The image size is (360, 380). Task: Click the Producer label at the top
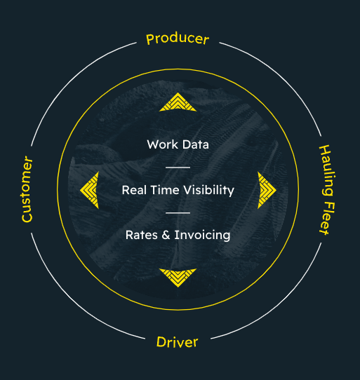pyautogui.click(x=178, y=38)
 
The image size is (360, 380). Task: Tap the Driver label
pyautogui.click(x=177, y=342)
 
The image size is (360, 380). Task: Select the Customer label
pyautogui.click(x=27, y=189)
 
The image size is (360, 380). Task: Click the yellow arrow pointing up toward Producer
pyautogui.click(x=178, y=103)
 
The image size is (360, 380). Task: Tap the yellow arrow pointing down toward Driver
pyautogui.click(x=178, y=278)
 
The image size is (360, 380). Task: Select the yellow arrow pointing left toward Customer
pyautogui.click(x=89, y=189)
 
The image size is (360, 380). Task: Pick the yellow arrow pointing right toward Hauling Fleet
pyautogui.click(x=267, y=189)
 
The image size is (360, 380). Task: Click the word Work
pyautogui.click(x=161, y=144)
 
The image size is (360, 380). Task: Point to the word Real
pyautogui.click(x=134, y=190)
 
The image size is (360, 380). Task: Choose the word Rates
pyautogui.click(x=141, y=235)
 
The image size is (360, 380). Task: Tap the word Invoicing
pyautogui.click(x=201, y=235)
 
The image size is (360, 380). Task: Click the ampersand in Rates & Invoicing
pyautogui.click(x=166, y=235)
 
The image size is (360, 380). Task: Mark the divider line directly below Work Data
pyautogui.click(x=178, y=168)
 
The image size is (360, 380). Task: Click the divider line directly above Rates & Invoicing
pyautogui.click(x=178, y=212)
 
